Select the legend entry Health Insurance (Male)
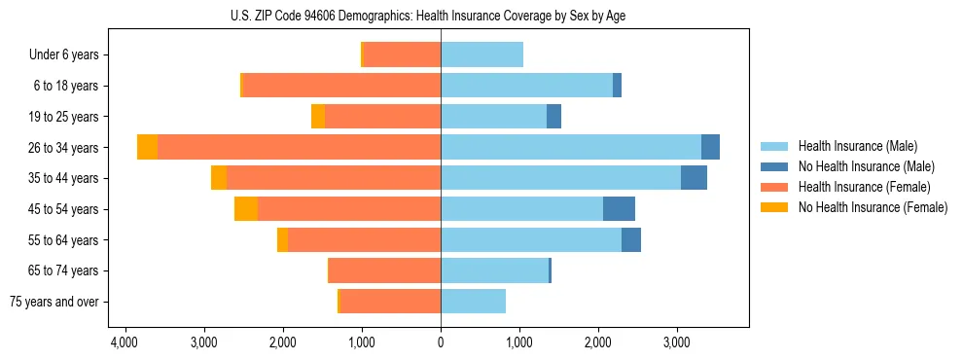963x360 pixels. [856, 146]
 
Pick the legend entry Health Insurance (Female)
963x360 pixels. [860, 187]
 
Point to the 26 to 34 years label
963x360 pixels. [63, 148]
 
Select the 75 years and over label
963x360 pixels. [54, 302]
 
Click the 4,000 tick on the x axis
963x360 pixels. [125, 343]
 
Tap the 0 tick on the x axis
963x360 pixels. [441, 343]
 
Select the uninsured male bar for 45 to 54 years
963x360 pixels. [619, 208]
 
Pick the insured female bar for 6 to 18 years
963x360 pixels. [341, 86]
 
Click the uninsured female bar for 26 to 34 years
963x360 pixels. [147, 147]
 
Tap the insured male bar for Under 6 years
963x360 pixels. [481, 55]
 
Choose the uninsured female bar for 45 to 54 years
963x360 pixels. [246, 208]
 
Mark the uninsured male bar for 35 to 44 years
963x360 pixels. [694, 178]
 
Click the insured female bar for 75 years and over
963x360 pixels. [390, 302]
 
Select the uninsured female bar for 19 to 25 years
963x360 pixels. [318, 117]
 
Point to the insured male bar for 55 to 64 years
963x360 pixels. [531, 239]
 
